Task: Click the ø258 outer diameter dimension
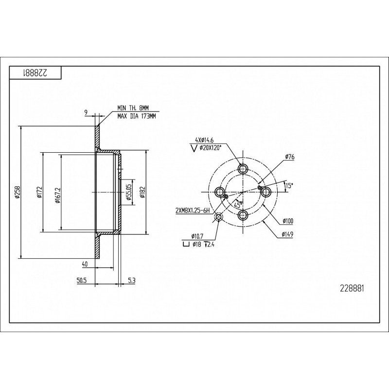(17, 192)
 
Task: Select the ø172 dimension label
(39, 192)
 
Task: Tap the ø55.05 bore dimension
(129, 192)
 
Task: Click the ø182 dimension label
(142, 192)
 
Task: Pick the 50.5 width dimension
(82, 281)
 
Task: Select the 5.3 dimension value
(132, 281)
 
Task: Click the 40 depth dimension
(85, 265)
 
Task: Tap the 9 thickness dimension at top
(86, 113)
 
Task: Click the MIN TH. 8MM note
(133, 108)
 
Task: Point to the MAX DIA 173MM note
(137, 116)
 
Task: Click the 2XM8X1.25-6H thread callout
(193, 211)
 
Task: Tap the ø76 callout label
(290, 157)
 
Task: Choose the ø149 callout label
(287, 234)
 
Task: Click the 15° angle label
(289, 185)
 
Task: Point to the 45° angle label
(238, 205)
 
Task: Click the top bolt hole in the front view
(243, 169)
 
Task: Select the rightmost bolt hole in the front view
(266, 192)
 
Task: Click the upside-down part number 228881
(35, 73)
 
